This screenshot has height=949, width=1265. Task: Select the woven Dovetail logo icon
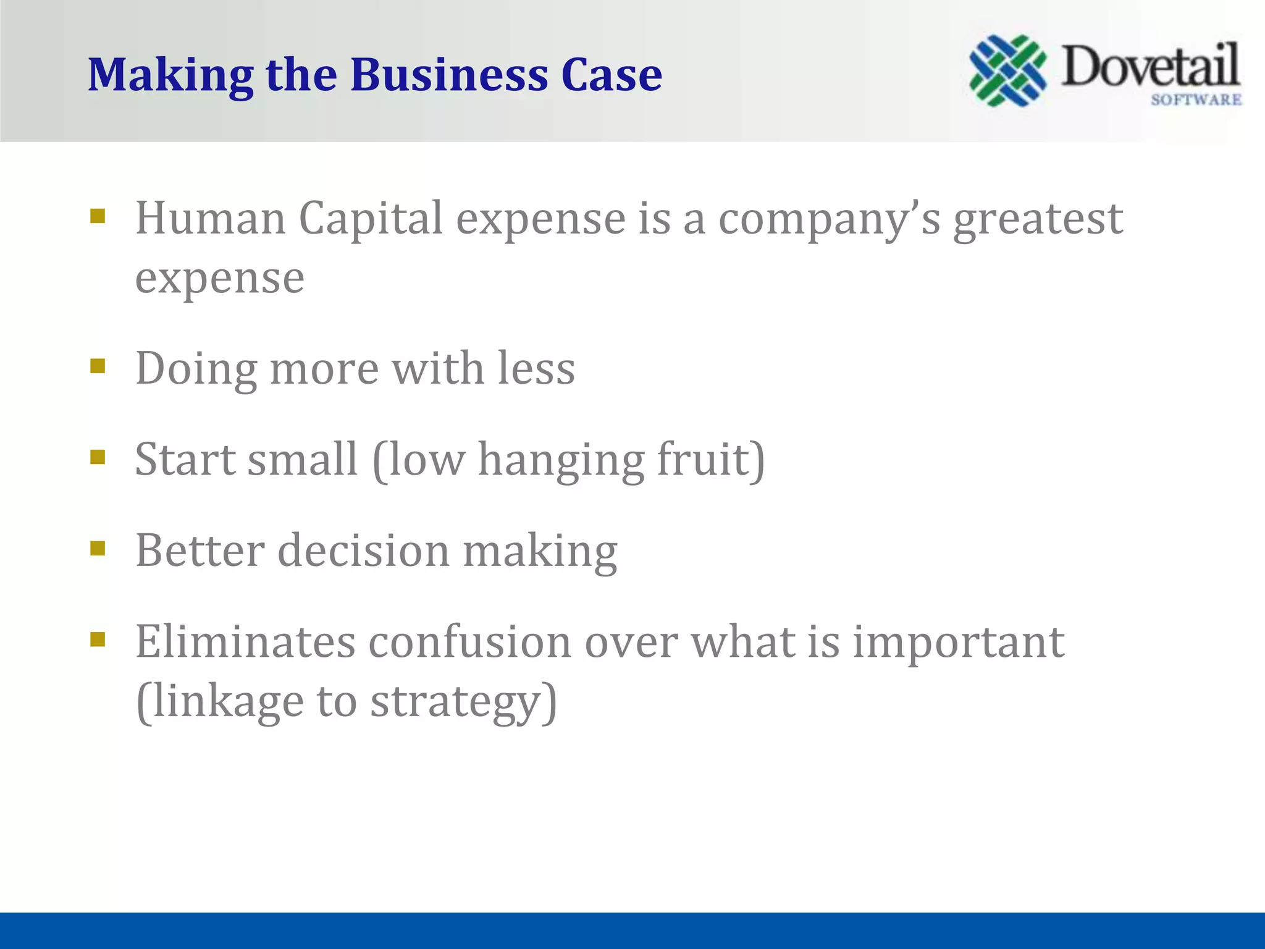click(x=1007, y=70)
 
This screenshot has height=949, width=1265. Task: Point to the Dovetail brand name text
click(x=1150, y=66)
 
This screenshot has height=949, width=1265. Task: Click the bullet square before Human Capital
click(x=98, y=216)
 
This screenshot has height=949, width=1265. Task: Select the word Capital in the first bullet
click(x=371, y=219)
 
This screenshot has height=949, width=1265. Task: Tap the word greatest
click(x=1038, y=221)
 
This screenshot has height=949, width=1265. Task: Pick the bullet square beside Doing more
click(x=98, y=366)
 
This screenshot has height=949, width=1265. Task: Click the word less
click(x=536, y=369)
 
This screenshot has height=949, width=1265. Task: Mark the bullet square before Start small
click(x=98, y=457)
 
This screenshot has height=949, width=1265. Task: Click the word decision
click(x=364, y=550)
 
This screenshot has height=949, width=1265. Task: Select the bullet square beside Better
click(x=98, y=548)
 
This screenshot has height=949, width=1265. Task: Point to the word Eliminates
click(x=245, y=642)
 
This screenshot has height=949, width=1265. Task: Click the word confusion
click(x=470, y=642)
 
